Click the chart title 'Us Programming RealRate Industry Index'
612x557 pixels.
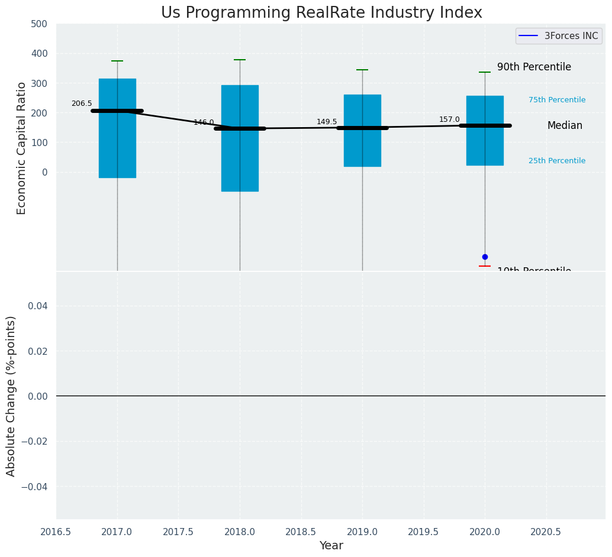pyautogui.click(x=321, y=13)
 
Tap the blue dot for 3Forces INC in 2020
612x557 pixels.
pyautogui.click(x=485, y=257)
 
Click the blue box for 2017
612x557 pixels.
pyautogui.click(x=117, y=148)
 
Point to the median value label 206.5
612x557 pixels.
pyautogui.click(x=82, y=103)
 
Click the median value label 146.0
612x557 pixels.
pyautogui.click(x=204, y=122)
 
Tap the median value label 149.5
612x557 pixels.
pyautogui.click(x=327, y=122)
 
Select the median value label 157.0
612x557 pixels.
pyautogui.click(x=449, y=119)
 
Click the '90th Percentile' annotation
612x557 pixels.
pyautogui.click(x=534, y=67)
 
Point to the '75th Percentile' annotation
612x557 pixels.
pyautogui.click(x=557, y=100)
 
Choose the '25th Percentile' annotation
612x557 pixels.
pyautogui.click(x=557, y=161)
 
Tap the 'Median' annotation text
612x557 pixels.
pyautogui.click(x=565, y=126)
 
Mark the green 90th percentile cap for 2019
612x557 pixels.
pyautogui.click(x=362, y=70)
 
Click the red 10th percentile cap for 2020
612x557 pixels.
pyautogui.click(x=485, y=266)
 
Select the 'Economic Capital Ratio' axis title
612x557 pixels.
pyautogui.click(x=22, y=148)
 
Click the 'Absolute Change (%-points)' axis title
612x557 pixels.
pyautogui.click(x=11, y=396)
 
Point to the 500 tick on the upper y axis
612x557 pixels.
pyautogui.click(x=39, y=24)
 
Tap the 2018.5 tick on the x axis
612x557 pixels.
pyautogui.click(x=301, y=532)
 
